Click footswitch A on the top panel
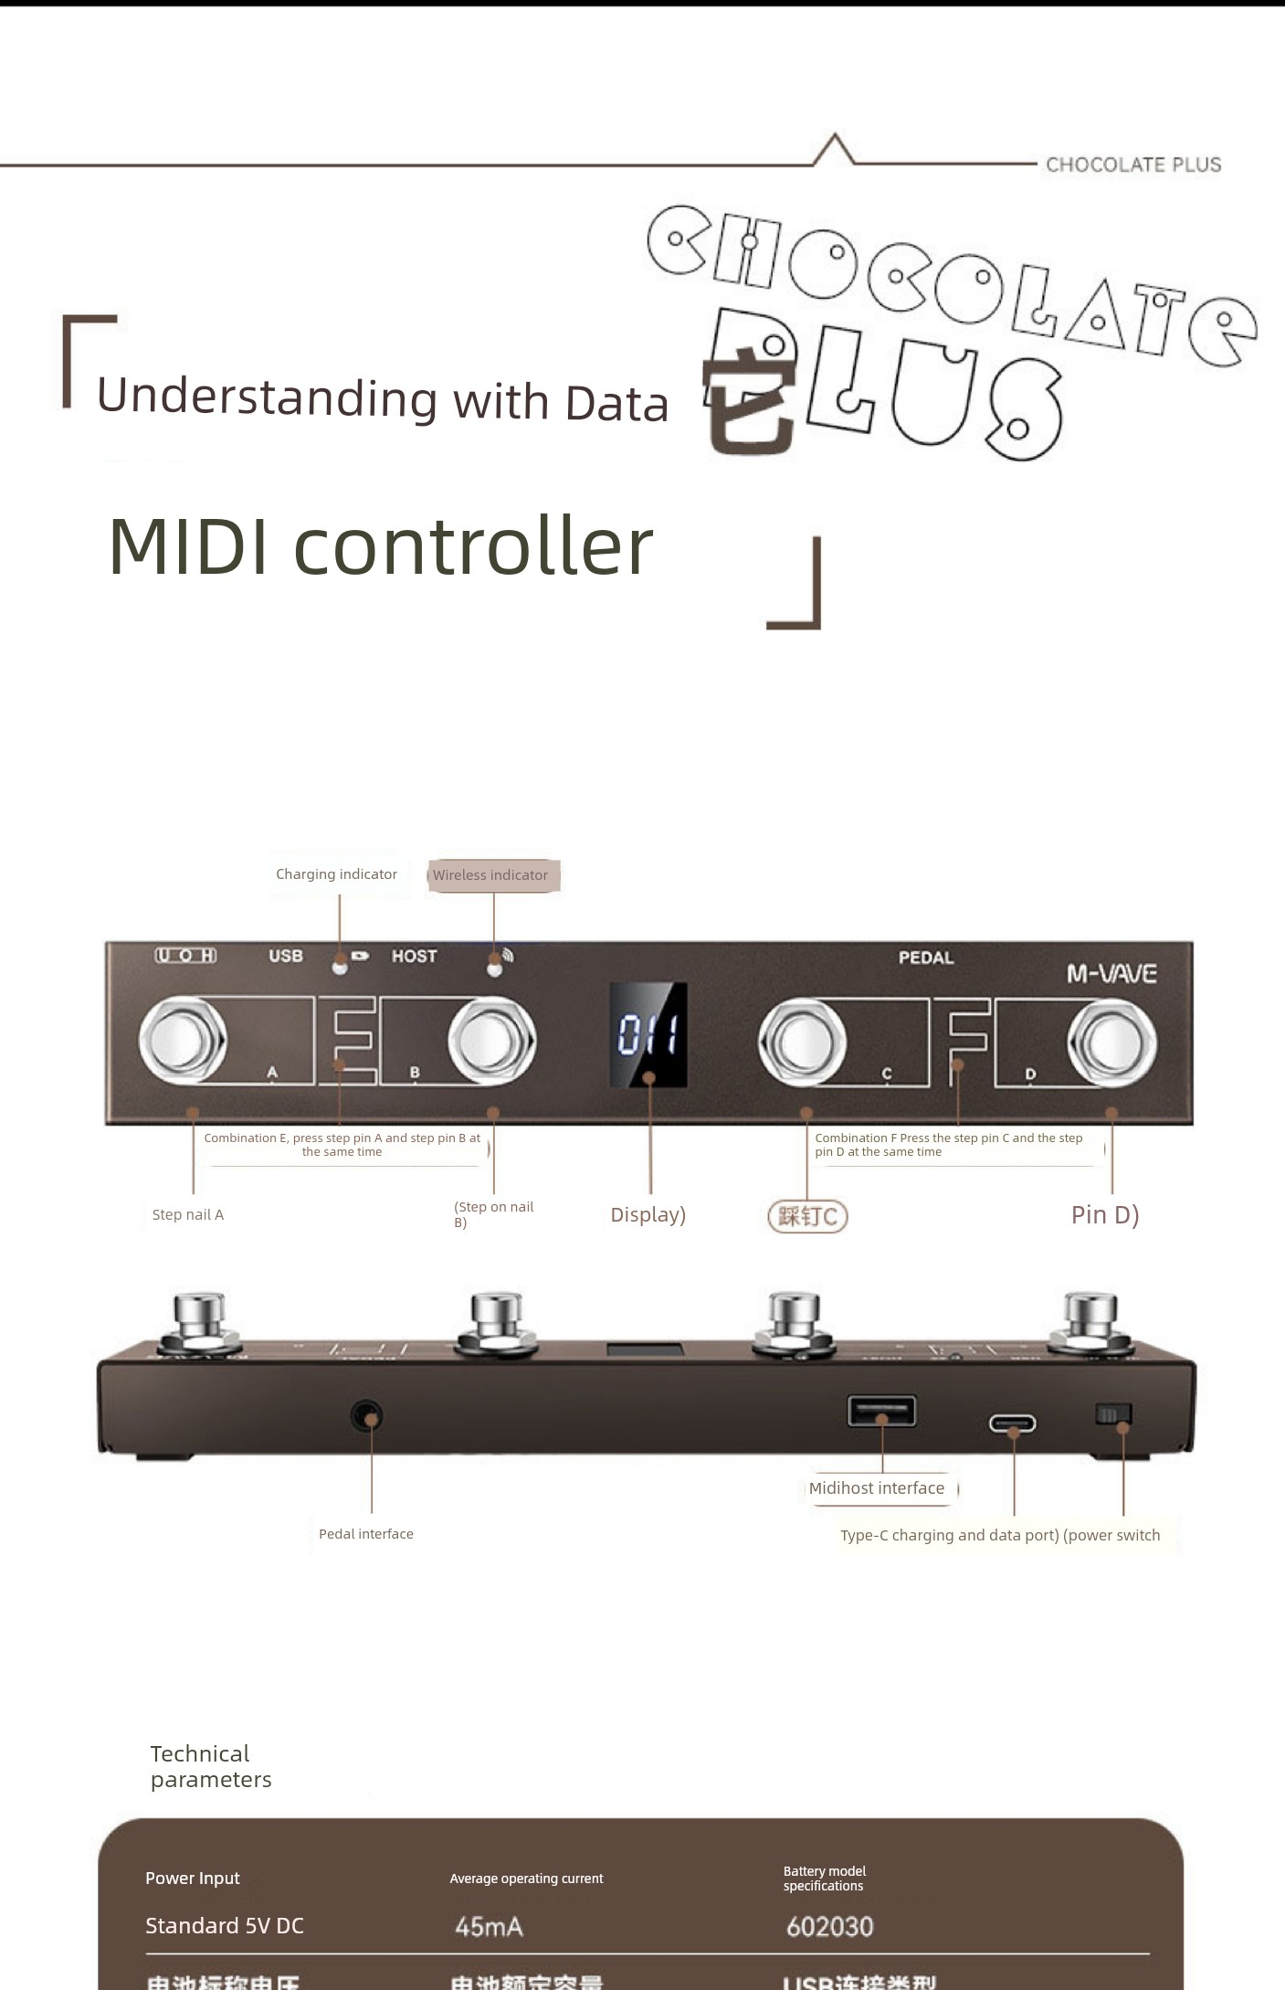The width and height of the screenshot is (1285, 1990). tap(183, 1041)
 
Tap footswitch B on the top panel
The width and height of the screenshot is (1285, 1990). tap(491, 1041)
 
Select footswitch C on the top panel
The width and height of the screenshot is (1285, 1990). tap(802, 1042)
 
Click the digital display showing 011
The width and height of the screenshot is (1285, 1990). tap(648, 1034)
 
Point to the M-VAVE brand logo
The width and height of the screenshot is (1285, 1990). tap(1111, 974)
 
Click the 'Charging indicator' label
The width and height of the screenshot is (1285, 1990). tap(336, 874)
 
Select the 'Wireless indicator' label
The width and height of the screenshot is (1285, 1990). tap(491, 875)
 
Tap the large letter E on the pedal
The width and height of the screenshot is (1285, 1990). tap(347, 1040)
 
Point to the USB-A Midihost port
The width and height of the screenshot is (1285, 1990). tap(881, 1411)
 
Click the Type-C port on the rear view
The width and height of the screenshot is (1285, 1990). tap(1012, 1424)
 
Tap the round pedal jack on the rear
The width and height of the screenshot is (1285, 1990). tap(367, 1416)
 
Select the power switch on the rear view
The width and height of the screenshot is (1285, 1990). tap(1113, 1415)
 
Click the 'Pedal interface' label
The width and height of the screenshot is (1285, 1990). tap(365, 1534)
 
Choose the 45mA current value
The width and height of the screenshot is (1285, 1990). tap(489, 1927)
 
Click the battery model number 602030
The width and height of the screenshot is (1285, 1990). tap(829, 1927)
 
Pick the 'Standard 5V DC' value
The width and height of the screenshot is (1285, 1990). tap(225, 1926)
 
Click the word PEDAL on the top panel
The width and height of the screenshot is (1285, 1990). tap(925, 958)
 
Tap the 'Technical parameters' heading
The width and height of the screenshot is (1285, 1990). tap(210, 1766)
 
